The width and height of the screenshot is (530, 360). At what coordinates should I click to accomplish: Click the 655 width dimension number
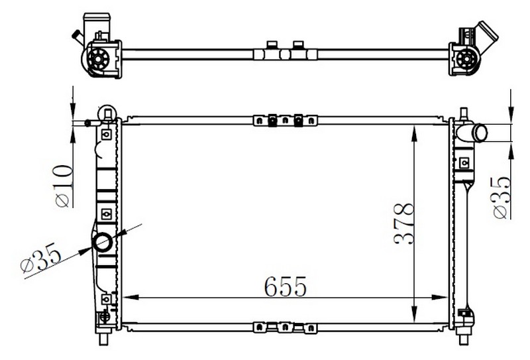click(286, 286)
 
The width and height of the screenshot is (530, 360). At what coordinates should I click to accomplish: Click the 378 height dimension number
click(404, 223)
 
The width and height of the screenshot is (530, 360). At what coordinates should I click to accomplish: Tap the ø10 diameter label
click(64, 186)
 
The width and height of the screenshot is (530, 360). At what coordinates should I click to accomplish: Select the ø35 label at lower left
click(40, 258)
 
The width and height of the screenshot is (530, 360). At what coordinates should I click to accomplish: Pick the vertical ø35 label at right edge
click(502, 198)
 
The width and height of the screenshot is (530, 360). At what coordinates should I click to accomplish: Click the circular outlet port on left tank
click(103, 242)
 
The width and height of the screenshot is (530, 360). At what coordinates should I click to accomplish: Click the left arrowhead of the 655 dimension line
click(131, 298)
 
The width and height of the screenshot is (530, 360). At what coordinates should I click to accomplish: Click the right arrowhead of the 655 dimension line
click(440, 298)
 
